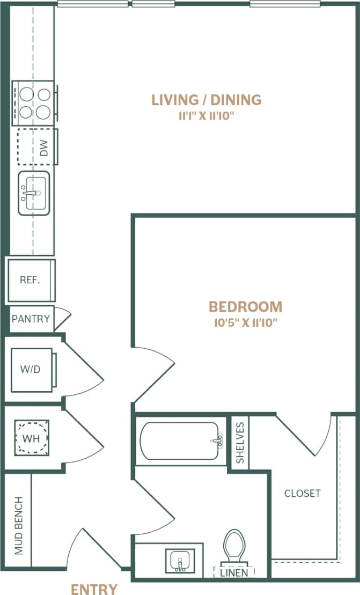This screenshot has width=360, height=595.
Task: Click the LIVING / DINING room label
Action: pyautogui.click(x=207, y=99)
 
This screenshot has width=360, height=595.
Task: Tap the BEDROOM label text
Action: pyautogui.click(x=245, y=307)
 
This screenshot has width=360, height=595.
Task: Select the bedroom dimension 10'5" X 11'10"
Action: pyautogui.click(x=245, y=322)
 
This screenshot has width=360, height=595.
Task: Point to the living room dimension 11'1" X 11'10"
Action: pyautogui.click(x=207, y=116)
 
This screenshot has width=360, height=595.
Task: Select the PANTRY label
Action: pyautogui.click(x=31, y=319)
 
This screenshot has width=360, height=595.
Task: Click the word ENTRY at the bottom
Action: pyautogui.click(x=94, y=589)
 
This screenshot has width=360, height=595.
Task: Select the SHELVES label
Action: pyautogui.click(x=240, y=443)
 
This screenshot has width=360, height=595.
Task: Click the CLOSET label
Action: pyautogui.click(x=302, y=493)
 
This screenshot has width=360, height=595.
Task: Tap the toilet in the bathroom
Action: pyautogui.click(x=234, y=544)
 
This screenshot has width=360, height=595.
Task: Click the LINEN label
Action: pyautogui.click(x=234, y=572)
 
